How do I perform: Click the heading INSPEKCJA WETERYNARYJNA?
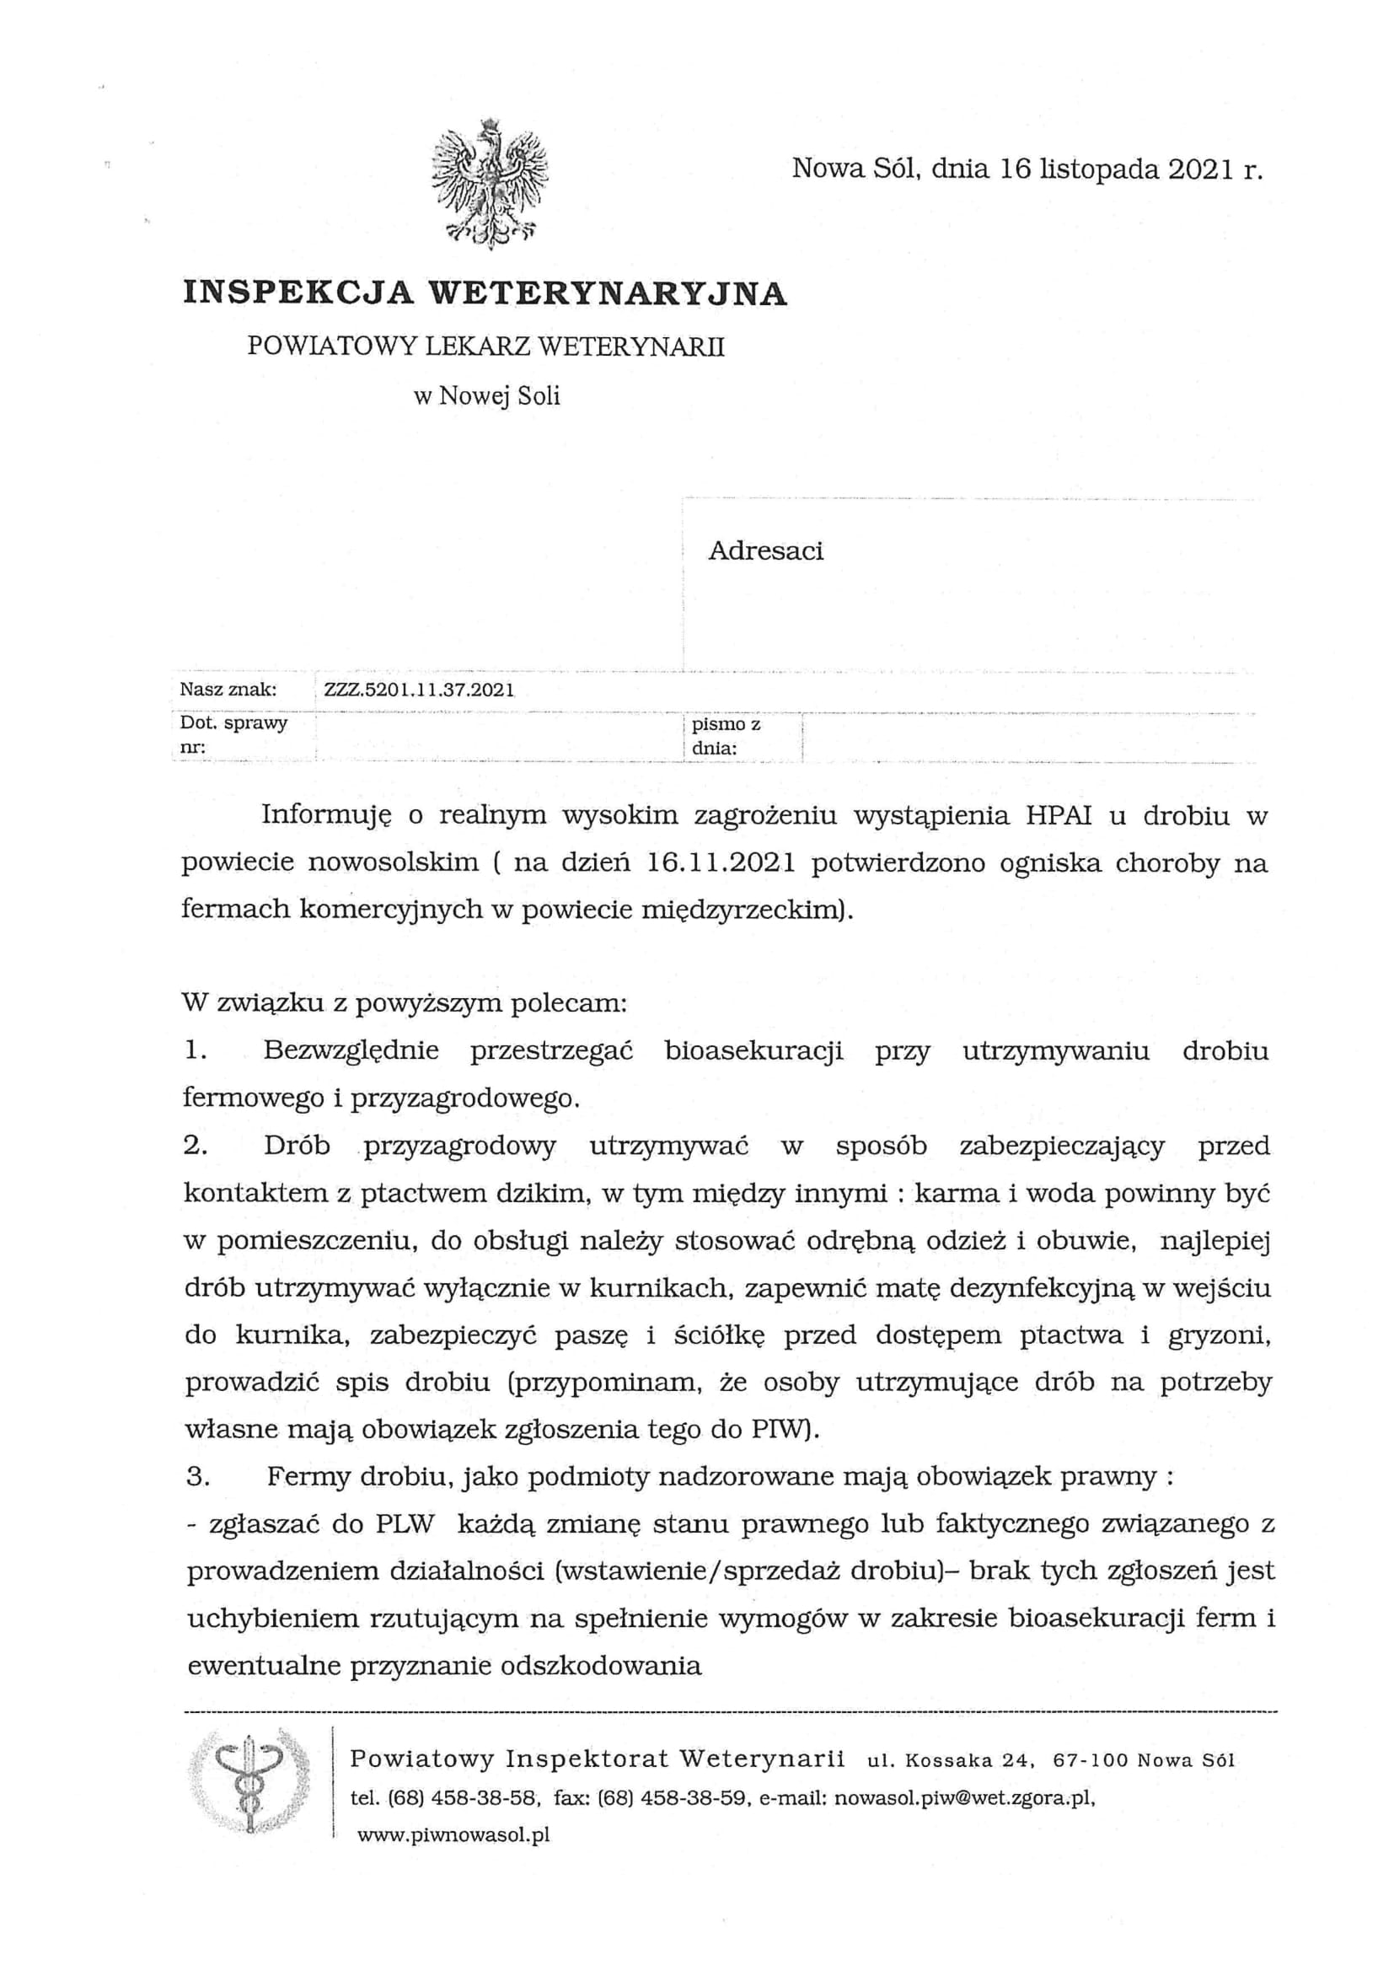point(485,293)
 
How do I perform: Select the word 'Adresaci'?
point(764,550)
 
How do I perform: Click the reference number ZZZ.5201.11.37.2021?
point(419,690)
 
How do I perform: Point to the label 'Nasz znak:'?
point(228,690)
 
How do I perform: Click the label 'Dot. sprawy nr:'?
point(233,736)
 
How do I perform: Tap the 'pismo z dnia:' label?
point(732,736)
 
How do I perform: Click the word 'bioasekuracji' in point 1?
point(753,1051)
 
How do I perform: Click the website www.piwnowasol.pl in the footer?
point(453,1835)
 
